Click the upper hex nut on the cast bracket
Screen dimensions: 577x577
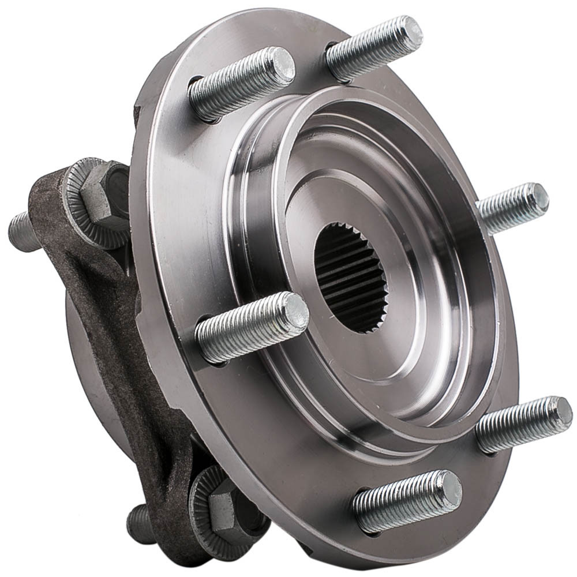tap(104, 196)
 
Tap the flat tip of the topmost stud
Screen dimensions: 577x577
tap(411, 32)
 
